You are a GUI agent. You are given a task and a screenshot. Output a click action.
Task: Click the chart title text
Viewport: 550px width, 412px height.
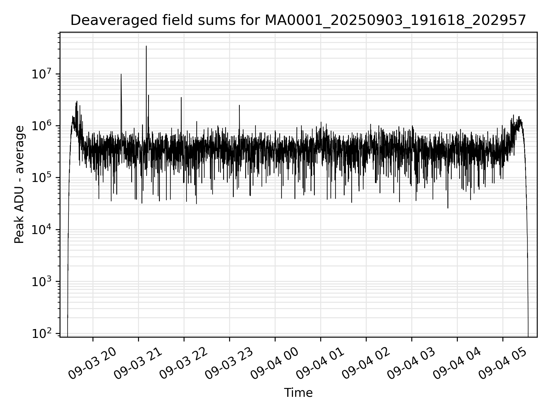(298, 21)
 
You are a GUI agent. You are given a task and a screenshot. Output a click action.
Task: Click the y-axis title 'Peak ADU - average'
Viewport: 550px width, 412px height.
(19, 185)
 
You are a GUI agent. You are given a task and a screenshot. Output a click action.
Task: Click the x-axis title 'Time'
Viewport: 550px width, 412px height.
(298, 393)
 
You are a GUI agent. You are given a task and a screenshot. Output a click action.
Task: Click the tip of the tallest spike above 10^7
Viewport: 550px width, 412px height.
(146, 46)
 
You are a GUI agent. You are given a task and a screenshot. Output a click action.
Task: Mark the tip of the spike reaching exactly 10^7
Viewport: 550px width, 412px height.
(121, 74)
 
